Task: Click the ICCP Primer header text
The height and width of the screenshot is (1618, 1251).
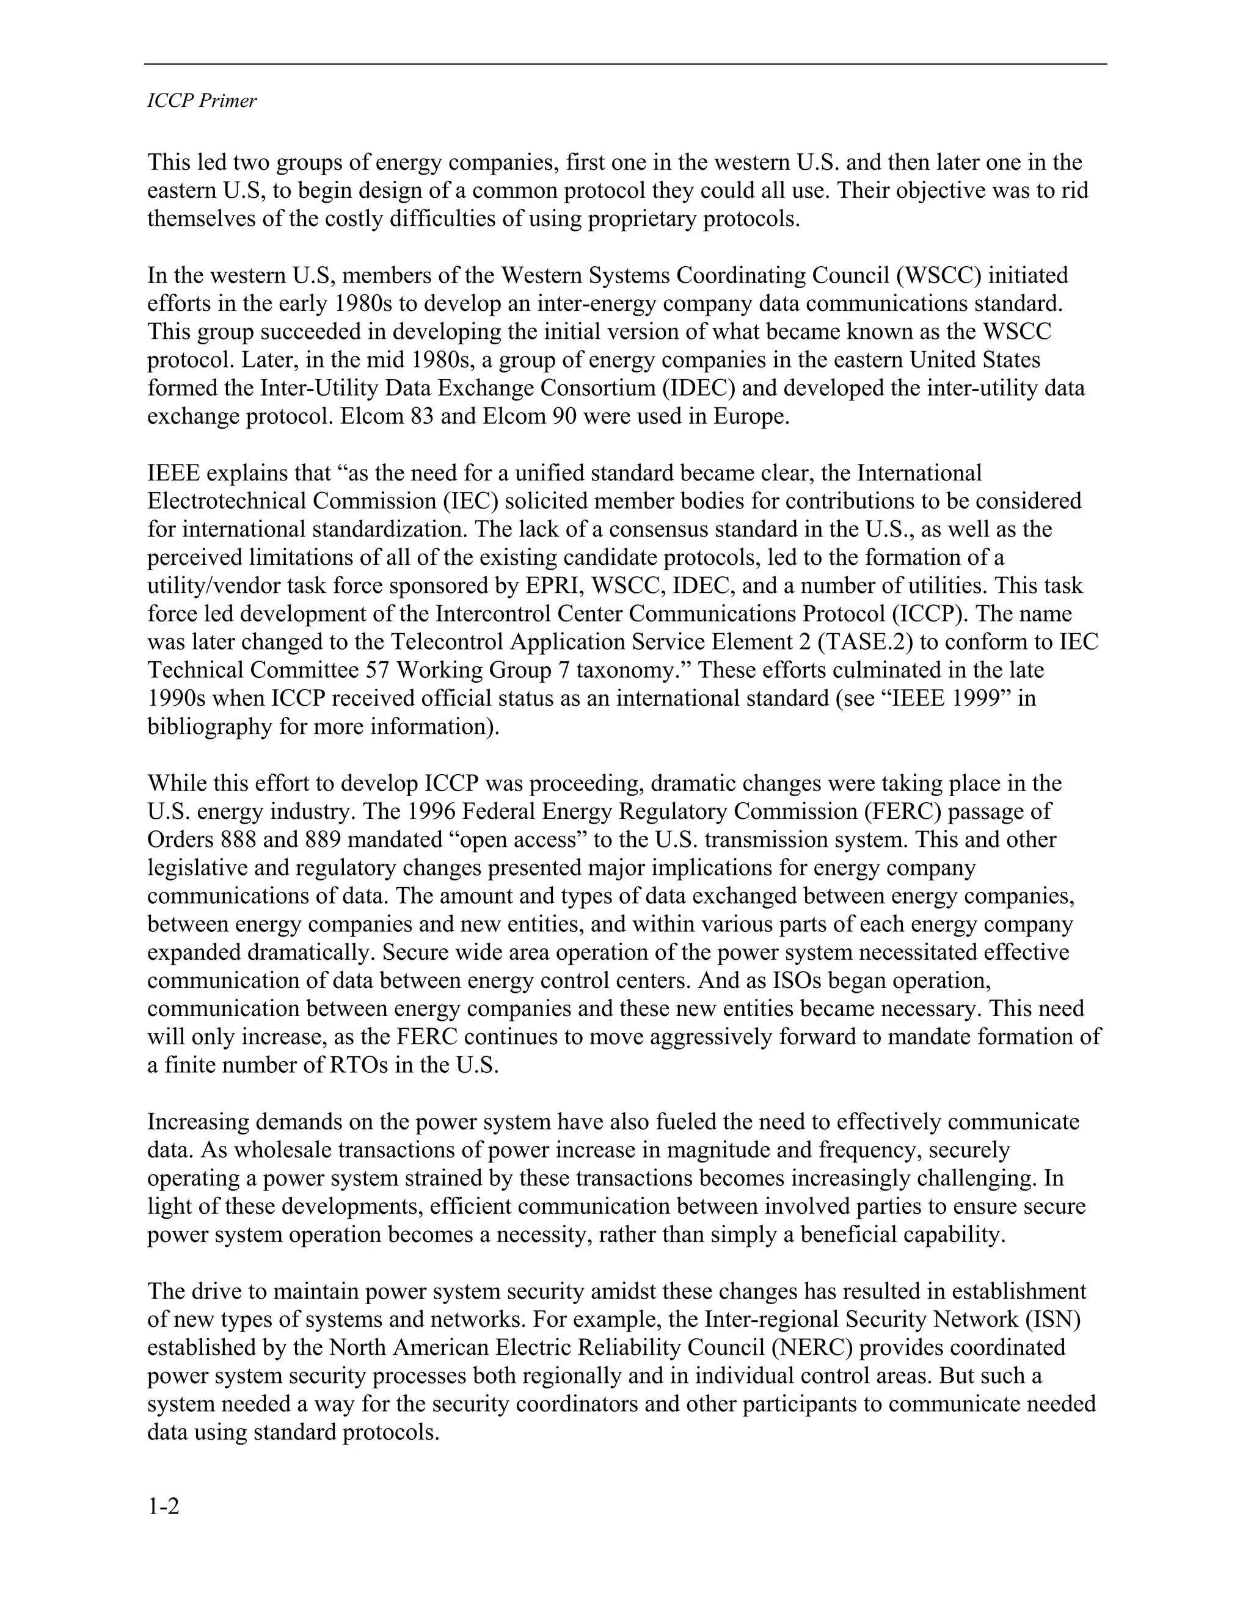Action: [x=202, y=101]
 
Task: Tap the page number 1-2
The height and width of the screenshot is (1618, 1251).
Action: [x=163, y=1506]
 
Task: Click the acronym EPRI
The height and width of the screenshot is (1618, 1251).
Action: [x=545, y=586]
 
